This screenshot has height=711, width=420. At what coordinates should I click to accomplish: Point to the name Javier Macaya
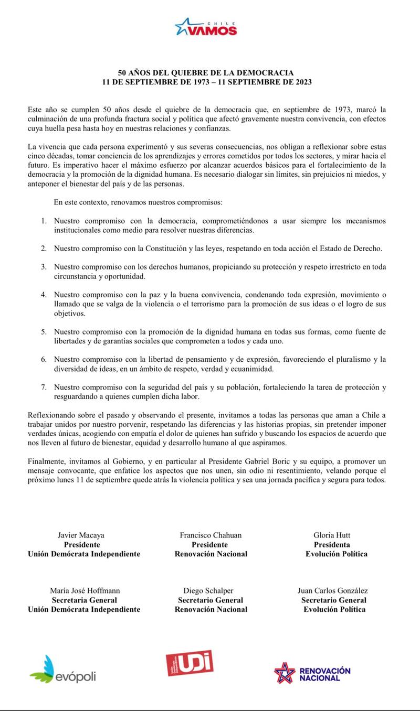pyautogui.click(x=81, y=535)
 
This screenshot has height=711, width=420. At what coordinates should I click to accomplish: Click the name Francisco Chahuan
pyautogui.click(x=210, y=535)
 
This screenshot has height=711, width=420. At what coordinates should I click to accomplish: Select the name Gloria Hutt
pyautogui.click(x=331, y=535)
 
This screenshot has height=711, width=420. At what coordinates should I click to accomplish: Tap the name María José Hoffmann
pyautogui.click(x=84, y=591)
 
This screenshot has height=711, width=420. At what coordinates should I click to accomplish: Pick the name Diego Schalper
pyautogui.click(x=208, y=591)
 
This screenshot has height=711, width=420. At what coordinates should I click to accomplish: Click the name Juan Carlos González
pyautogui.click(x=333, y=591)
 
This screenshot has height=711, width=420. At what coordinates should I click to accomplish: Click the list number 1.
pyautogui.click(x=44, y=221)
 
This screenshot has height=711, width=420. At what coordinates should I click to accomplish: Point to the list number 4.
pyautogui.click(x=44, y=295)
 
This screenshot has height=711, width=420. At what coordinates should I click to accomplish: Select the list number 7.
pyautogui.click(x=44, y=387)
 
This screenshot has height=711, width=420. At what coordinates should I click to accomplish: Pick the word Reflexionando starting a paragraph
pyautogui.click(x=53, y=415)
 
